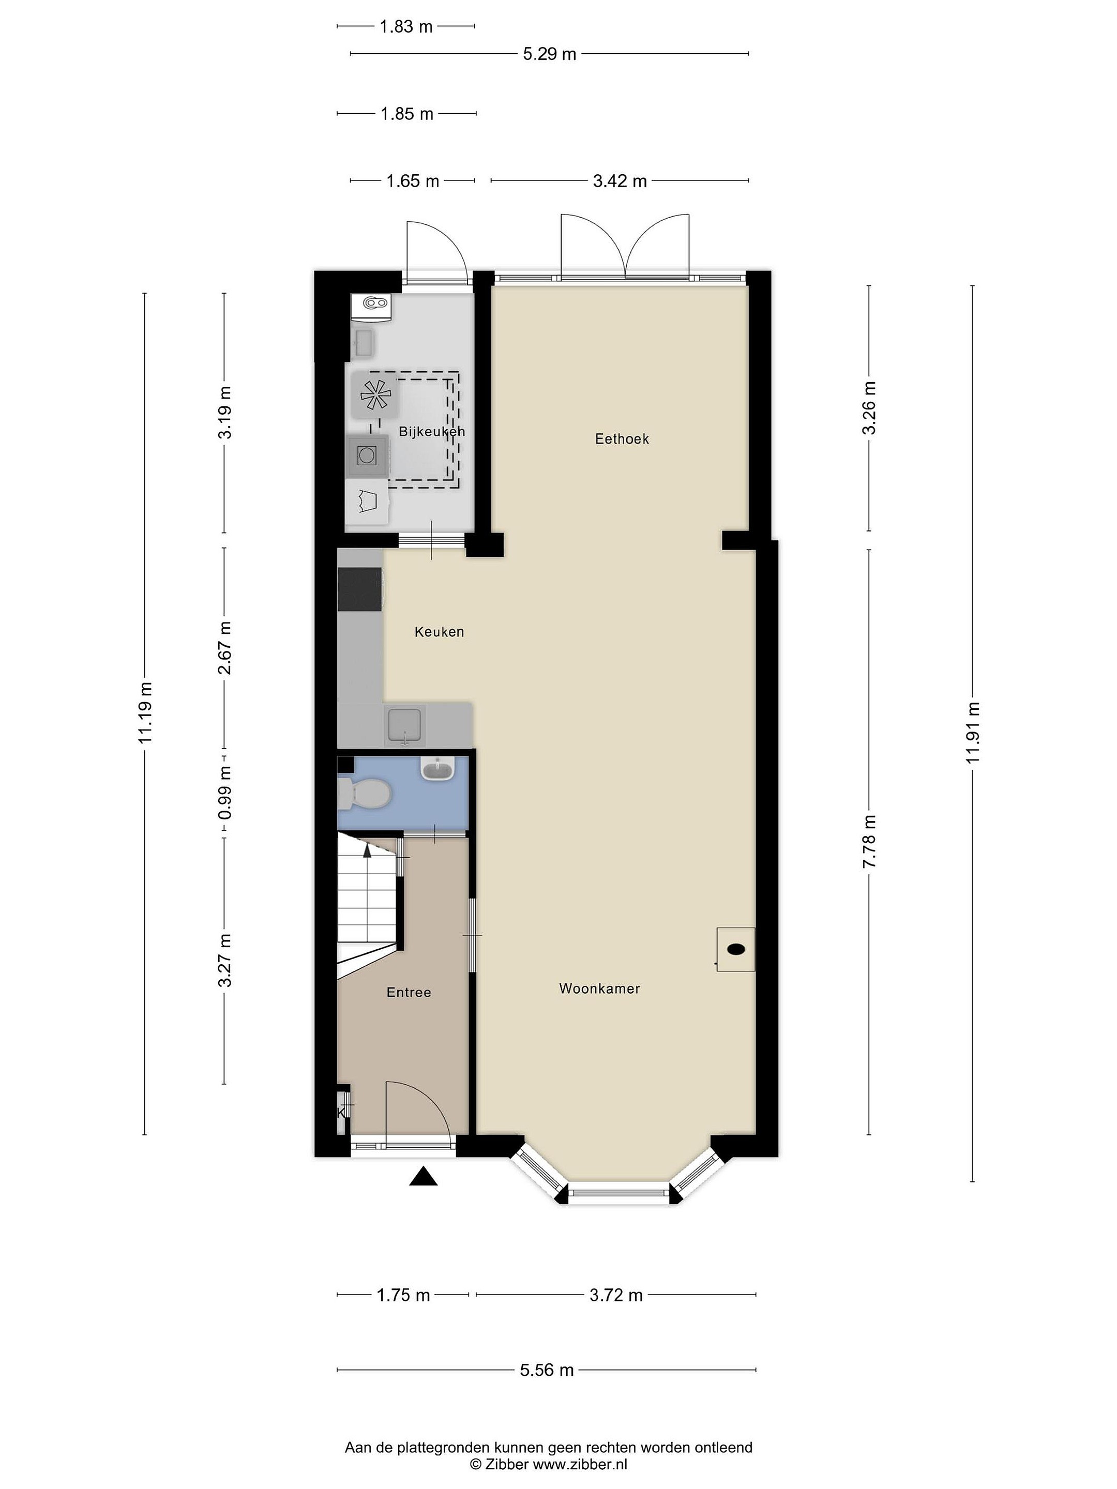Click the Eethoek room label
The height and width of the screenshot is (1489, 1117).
(622, 439)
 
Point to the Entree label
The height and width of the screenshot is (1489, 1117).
(409, 992)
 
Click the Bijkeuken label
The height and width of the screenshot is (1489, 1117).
(432, 432)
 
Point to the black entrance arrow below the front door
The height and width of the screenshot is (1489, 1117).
(424, 1176)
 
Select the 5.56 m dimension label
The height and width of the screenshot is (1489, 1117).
(547, 1370)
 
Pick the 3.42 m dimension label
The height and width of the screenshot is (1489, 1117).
(620, 181)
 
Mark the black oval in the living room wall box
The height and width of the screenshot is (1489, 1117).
(736, 949)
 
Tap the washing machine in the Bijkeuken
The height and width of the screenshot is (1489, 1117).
(367, 455)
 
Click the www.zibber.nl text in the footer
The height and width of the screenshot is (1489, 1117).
(580, 1464)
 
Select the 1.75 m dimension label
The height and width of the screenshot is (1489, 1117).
(403, 1295)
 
